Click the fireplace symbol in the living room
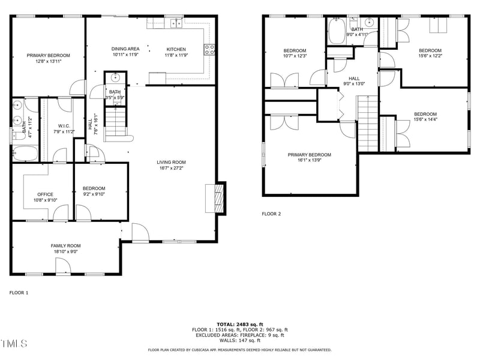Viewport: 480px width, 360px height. (x=219, y=197)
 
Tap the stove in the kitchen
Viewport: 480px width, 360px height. (x=210, y=50)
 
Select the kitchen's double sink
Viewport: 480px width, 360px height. (x=176, y=23)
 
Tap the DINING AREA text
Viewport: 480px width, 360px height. (x=125, y=49)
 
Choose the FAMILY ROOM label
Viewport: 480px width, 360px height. (x=65, y=245)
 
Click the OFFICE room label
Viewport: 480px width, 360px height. (x=45, y=194)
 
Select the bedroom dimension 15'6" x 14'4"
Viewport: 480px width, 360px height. (x=425, y=120)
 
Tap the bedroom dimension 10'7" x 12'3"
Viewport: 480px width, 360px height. (x=295, y=56)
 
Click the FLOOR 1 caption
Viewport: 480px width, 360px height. (x=19, y=293)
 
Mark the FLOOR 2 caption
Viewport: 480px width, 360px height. (x=271, y=214)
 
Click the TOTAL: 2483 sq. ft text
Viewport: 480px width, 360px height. (x=239, y=324)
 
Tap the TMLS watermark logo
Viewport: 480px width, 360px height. (x=14, y=344)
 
